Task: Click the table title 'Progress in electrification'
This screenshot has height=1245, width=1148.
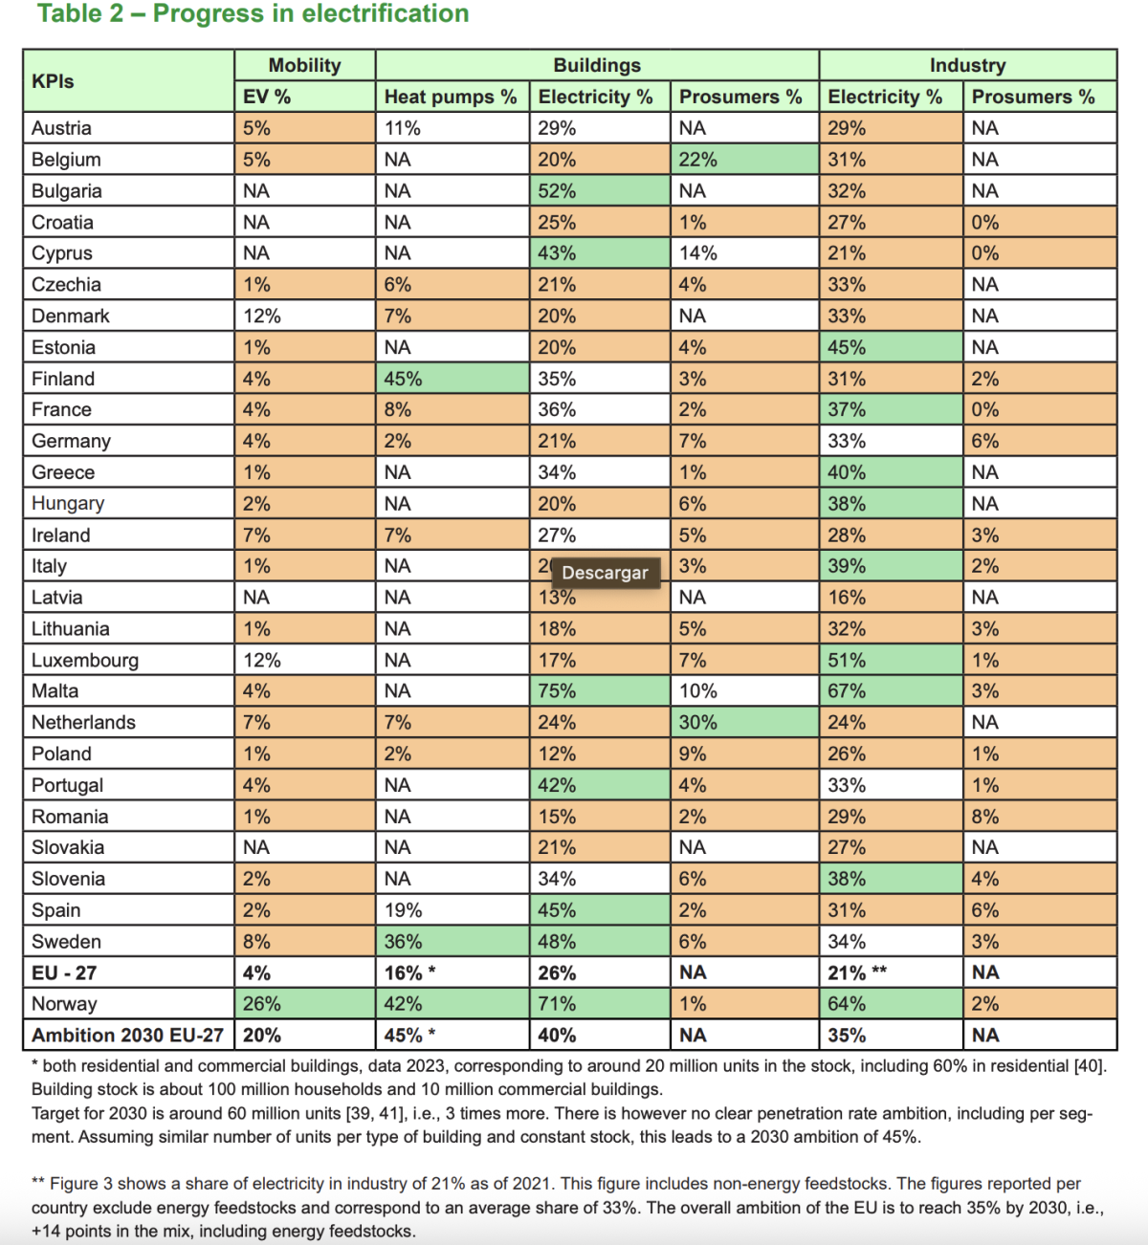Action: [254, 14]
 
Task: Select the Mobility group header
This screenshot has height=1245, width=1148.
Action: [304, 65]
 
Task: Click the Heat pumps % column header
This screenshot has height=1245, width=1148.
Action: [451, 97]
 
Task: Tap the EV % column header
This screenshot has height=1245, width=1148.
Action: [267, 97]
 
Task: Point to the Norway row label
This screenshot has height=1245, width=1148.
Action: [64, 1004]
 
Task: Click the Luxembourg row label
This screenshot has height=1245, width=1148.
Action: [85, 660]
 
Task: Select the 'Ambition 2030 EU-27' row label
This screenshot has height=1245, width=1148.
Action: [127, 1036]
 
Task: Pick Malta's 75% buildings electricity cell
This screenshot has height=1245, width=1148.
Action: [557, 691]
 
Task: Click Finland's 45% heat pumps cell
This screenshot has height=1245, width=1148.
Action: [404, 379]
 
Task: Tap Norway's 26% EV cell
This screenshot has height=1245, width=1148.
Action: [262, 1004]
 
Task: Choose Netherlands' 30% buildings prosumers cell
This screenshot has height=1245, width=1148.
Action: [698, 723]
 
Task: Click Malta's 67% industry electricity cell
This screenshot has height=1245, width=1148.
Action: [847, 691]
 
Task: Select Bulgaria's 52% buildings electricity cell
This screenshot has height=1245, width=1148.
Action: [557, 190]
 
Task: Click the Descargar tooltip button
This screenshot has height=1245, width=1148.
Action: [605, 573]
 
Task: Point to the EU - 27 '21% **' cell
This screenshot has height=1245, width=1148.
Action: [857, 972]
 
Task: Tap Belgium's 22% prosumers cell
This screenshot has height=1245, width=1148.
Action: [698, 160]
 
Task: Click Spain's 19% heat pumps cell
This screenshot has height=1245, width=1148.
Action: [404, 910]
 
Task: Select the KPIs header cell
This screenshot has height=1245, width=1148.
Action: [53, 81]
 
